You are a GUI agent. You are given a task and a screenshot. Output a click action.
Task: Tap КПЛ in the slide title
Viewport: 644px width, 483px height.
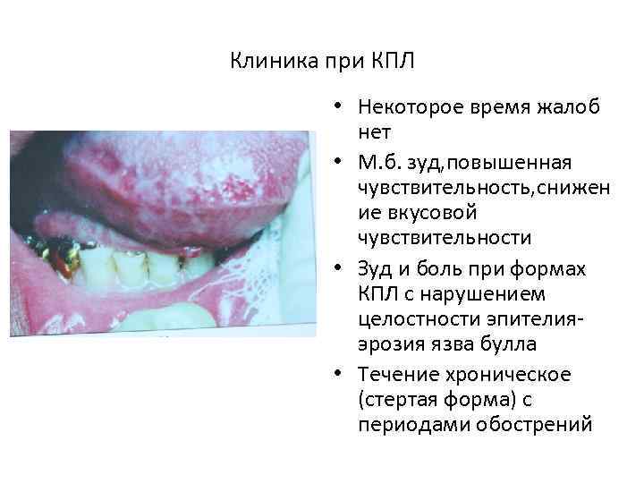point(391,62)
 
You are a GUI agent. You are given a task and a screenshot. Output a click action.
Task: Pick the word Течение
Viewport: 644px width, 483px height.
point(394,374)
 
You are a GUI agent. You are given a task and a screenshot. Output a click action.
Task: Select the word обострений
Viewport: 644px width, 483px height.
point(534,423)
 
